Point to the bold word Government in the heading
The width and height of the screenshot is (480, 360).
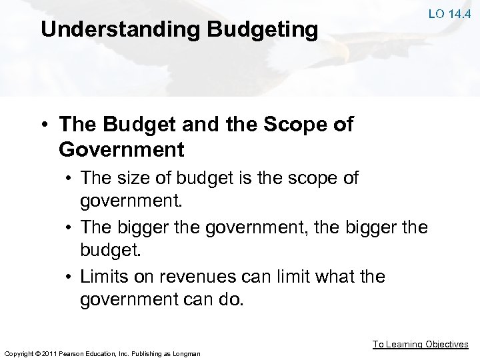(x=121, y=149)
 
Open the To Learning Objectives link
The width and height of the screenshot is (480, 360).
(x=420, y=344)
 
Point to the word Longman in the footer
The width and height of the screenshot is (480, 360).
(x=186, y=353)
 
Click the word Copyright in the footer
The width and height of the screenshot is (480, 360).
(x=19, y=353)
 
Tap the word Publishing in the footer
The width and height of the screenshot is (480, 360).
(x=145, y=353)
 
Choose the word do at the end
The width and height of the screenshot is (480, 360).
(x=233, y=301)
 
